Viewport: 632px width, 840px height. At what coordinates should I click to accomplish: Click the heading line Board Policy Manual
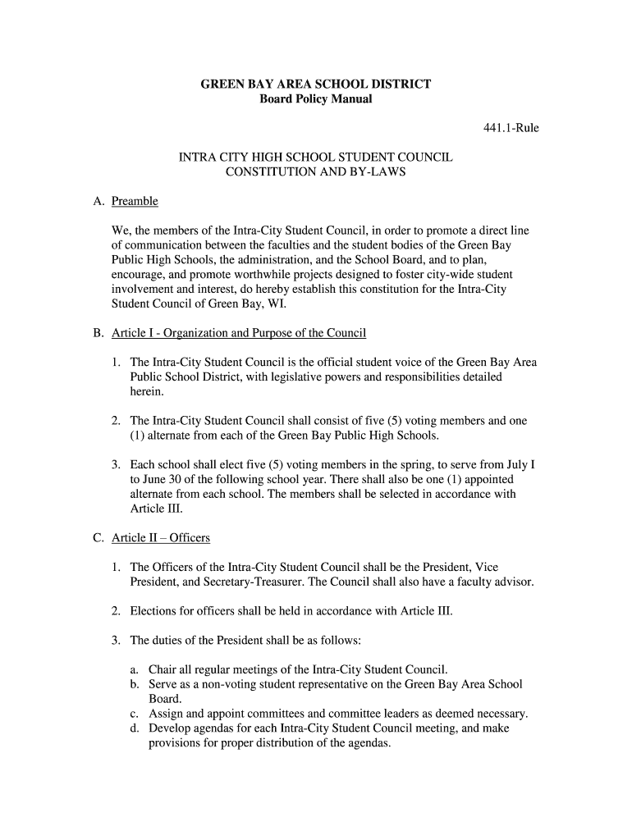(316, 99)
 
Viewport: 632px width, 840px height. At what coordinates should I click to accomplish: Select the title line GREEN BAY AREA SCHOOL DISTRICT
(316, 84)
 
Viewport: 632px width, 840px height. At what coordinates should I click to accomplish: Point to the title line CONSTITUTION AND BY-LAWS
(316, 172)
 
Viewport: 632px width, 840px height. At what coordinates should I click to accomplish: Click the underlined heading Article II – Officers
(161, 538)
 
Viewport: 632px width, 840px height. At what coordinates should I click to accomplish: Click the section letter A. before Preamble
(98, 201)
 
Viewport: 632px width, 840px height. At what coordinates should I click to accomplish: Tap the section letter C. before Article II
(98, 538)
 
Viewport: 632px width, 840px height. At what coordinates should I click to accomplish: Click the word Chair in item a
(163, 669)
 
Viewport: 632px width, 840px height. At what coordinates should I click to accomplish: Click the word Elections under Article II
(156, 611)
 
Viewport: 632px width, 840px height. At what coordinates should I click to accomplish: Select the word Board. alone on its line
(164, 699)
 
